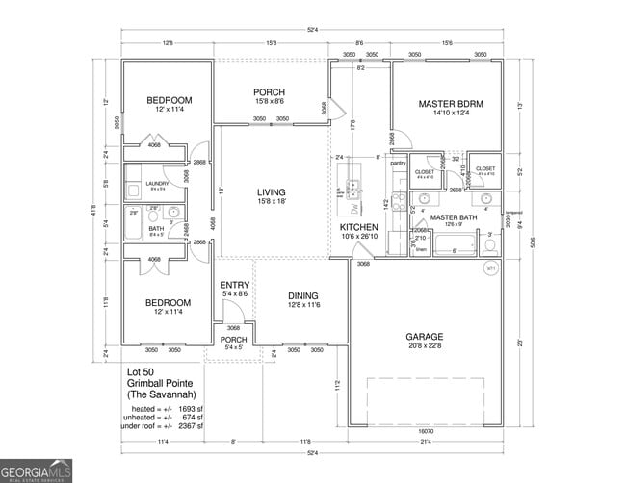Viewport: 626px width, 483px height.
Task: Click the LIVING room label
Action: tap(272, 191)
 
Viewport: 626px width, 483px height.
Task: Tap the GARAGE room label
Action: tap(424, 337)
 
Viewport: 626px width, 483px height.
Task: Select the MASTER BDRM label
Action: tap(450, 103)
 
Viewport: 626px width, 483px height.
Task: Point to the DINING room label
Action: tap(303, 295)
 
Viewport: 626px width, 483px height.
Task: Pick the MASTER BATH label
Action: tap(455, 217)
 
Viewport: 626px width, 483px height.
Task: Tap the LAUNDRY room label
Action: tap(157, 183)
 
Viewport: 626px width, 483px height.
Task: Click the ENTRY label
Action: tap(235, 285)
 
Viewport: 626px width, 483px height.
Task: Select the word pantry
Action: tap(399, 164)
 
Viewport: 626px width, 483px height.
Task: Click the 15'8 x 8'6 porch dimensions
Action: tap(269, 101)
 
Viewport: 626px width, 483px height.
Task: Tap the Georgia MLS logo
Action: tap(37, 471)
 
